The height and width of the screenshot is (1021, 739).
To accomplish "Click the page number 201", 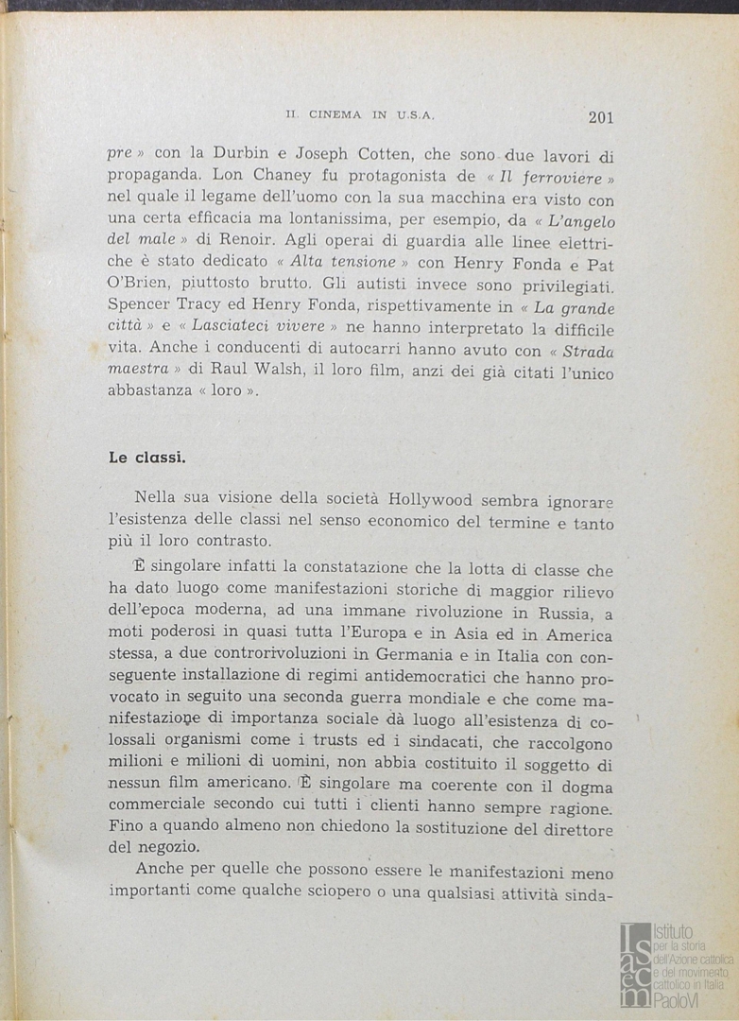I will [600, 117].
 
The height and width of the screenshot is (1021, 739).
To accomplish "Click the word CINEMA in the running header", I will [334, 115].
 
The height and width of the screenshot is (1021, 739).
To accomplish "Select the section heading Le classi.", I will [146, 458].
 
